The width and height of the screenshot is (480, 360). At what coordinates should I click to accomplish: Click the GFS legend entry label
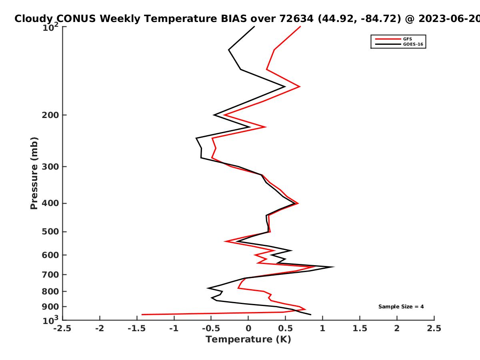[x=407, y=39]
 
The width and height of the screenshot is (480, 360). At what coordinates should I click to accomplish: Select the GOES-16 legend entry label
[x=413, y=44]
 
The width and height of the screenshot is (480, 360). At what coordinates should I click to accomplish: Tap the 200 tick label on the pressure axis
[x=50, y=115]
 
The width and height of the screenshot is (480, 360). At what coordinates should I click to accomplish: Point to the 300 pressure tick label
[x=50, y=167]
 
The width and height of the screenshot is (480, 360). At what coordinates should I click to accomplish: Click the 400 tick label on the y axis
[x=50, y=203]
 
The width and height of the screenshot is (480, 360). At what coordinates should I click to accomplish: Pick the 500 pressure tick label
[x=50, y=232]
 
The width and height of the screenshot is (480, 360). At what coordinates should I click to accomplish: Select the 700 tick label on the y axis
[x=50, y=275]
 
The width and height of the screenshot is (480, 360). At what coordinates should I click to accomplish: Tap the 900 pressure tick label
[x=50, y=307]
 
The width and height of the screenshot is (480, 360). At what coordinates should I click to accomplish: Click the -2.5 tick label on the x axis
[x=62, y=328]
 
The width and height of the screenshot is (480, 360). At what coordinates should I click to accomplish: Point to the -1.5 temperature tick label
[x=137, y=328]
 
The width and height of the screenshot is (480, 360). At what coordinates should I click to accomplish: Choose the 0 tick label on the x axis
[x=248, y=328]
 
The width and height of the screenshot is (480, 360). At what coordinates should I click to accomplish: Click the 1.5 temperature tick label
[x=360, y=328]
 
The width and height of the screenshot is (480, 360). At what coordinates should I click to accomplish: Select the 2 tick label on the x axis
[x=397, y=328]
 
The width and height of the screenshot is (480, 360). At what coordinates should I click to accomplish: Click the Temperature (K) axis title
[x=248, y=340]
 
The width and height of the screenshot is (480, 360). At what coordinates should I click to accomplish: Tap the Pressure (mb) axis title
[x=34, y=173]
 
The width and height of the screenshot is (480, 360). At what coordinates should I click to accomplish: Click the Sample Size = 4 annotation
[x=401, y=307]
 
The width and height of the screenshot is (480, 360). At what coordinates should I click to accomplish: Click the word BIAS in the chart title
[x=234, y=19]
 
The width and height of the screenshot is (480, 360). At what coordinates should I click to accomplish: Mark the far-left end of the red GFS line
[x=142, y=314]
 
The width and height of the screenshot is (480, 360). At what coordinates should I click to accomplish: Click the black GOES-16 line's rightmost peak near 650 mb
[x=334, y=267]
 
